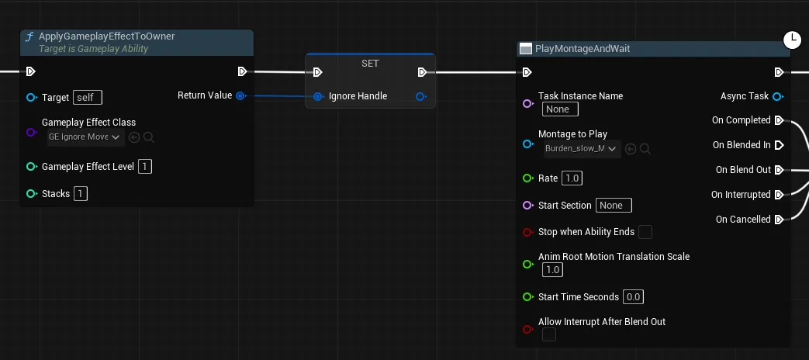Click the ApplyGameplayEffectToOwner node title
click(107, 36)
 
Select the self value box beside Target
click(88, 98)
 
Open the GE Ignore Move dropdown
click(85, 137)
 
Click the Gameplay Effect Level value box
click(145, 167)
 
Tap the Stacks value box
click(81, 194)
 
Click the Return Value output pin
click(240, 95)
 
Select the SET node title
click(370, 64)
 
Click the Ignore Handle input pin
click(319, 96)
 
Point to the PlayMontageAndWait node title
click(583, 49)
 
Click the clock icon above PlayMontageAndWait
click(793, 40)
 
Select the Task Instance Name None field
click(560, 109)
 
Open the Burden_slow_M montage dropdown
click(582, 149)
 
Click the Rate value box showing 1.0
click(572, 178)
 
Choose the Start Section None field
click(614, 206)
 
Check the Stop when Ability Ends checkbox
click(645, 232)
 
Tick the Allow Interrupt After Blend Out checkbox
click(549, 334)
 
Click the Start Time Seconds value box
click(633, 297)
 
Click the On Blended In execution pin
click(780, 145)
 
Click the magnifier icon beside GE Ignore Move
click(149, 137)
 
